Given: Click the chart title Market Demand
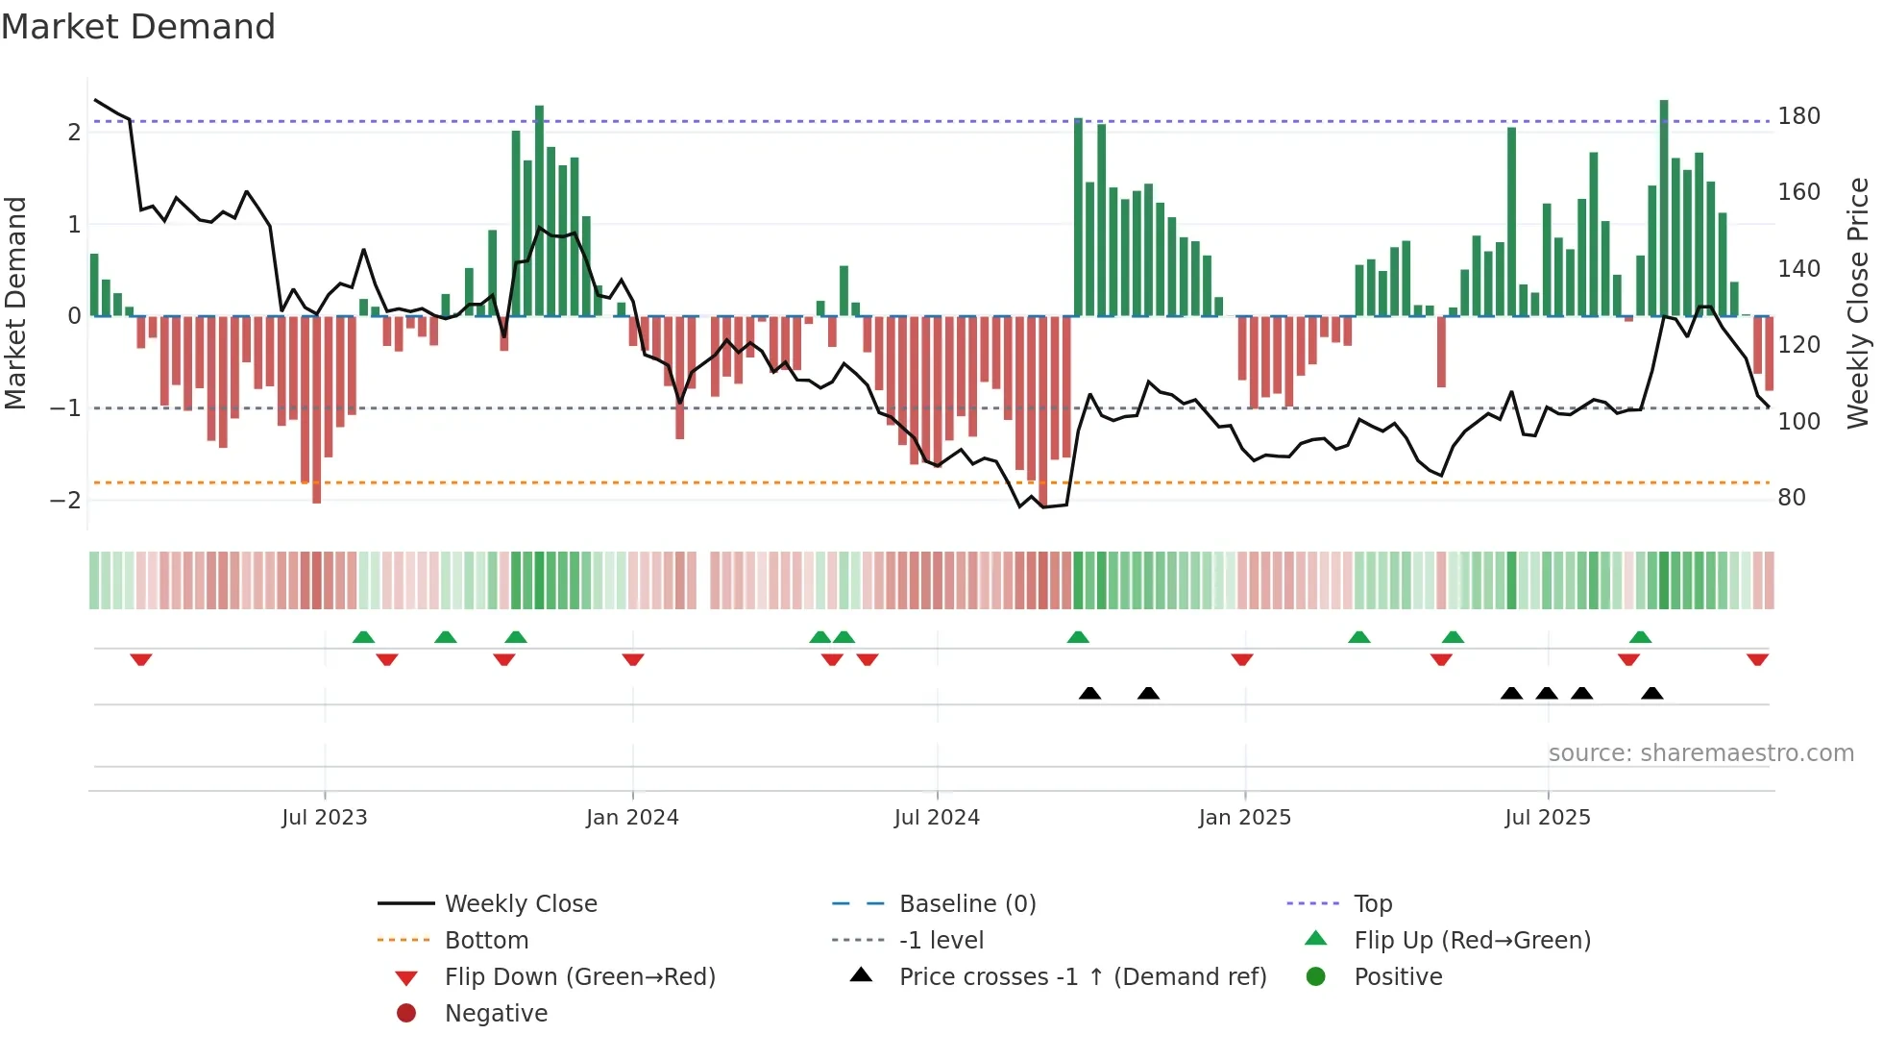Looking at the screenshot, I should (x=138, y=27).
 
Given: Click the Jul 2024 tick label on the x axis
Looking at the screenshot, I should (x=937, y=818).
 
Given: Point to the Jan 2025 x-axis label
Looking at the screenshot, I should (x=1245, y=818).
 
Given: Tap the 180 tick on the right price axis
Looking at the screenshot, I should (x=1798, y=116).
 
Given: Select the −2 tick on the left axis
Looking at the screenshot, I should (x=65, y=501).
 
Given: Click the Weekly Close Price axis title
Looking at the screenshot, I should (x=1858, y=303).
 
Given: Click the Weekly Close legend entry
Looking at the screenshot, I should (x=520, y=904).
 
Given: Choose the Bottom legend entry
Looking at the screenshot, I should (x=486, y=941).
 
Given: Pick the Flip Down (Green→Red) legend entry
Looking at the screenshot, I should (x=579, y=977).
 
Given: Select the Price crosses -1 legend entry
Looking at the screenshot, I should (x=1083, y=977).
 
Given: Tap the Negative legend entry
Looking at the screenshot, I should (x=496, y=1014).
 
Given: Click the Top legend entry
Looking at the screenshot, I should (x=1373, y=904).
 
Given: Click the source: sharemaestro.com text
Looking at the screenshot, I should (x=1700, y=753).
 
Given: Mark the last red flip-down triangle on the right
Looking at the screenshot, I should (x=1757, y=659).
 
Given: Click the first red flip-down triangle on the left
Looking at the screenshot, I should (x=141, y=659).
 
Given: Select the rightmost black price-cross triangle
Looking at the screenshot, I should (x=1651, y=693).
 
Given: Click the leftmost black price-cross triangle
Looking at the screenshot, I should (x=1089, y=693).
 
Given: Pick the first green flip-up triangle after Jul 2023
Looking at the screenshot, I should (x=363, y=637).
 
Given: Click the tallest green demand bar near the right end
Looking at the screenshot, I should (x=1664, y=208).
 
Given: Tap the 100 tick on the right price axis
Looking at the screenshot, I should (x=1798, y=422).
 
